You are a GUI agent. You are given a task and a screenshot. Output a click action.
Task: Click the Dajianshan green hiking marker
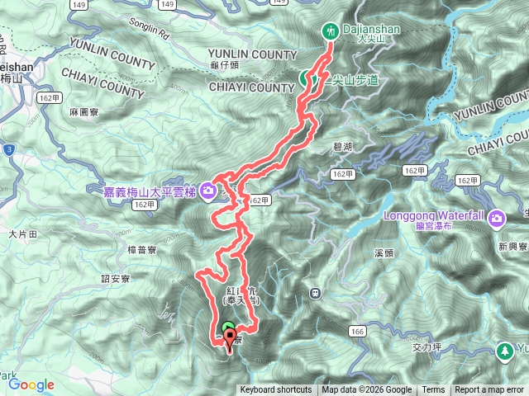[x=331, y=31]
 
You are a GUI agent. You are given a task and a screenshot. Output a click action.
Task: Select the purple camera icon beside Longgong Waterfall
[x=497, y=219]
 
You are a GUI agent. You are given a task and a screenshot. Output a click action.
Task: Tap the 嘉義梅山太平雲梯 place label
[x=145, y=192]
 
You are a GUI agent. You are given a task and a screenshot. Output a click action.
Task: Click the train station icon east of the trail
[x=315, y=293]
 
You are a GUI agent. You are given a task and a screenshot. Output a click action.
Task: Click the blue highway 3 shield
[x=7, y=149]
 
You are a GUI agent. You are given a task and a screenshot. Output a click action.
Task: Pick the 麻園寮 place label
[x=84, y=111]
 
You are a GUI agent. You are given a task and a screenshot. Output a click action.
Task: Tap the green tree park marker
[x=503, y=351]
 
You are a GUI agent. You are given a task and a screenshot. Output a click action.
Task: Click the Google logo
[x=31, y=384]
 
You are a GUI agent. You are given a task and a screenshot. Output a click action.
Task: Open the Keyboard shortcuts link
[x=276, y=390]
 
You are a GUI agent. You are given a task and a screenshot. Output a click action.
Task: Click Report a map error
[x=489, y=390]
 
